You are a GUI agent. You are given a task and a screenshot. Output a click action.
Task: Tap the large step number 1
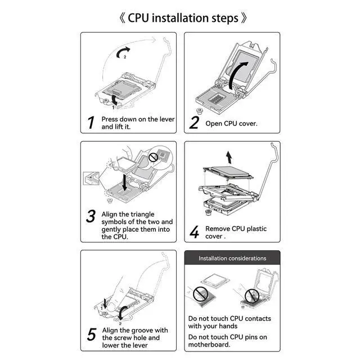(x=91, y=122)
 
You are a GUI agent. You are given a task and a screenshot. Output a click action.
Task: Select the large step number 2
(x=194, y=122)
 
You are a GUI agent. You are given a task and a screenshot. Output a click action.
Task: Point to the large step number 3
(x=91, y=217)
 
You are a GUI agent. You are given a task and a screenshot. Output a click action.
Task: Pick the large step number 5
(x=91, y=334)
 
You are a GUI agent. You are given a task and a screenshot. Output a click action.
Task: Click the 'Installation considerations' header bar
(x=232, y=258)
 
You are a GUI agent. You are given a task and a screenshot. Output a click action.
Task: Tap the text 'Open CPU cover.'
(x=231, y=123)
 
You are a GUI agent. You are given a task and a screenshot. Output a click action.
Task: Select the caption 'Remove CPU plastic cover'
(x=236, y=232)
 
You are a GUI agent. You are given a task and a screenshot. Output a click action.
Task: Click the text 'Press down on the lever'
(x=138, y=119)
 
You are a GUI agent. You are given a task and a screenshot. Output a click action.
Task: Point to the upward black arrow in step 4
(x=229, y=156)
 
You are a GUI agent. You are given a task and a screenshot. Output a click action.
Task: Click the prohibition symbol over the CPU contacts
(x=199, y=292)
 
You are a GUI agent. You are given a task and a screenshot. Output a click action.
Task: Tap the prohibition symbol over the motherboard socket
(x=251, y=295)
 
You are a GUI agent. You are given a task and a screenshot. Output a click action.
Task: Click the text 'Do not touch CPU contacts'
(x=229, y=318)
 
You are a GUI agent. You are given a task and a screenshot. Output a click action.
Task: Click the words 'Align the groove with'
(x=134, y=330)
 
